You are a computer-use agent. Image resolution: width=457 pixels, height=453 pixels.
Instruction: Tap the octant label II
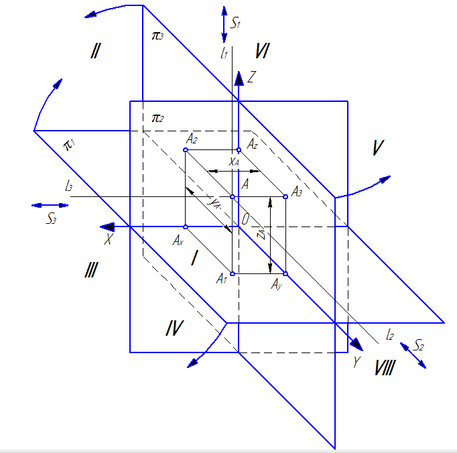[94, 50]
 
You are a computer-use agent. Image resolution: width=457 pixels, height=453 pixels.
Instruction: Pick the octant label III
[92, 270]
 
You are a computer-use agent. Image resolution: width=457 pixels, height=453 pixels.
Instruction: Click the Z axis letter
[252, 77]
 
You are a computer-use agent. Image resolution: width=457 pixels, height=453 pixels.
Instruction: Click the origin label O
[246, 219]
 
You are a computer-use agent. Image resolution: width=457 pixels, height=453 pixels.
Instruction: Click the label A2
[192, 139]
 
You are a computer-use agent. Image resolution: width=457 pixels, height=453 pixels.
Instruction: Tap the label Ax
[178, 241]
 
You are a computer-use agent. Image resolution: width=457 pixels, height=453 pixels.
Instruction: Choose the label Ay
[277, 285]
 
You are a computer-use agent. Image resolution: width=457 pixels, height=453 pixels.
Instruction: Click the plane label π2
[157, 119]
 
